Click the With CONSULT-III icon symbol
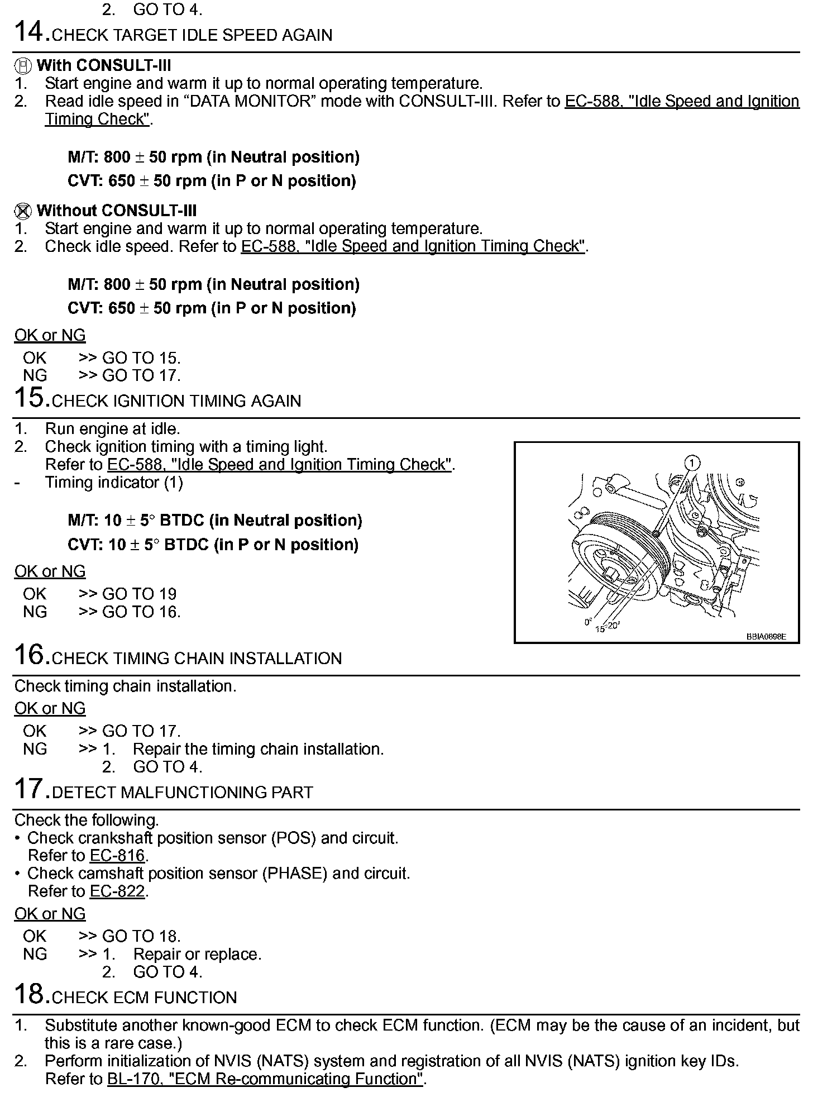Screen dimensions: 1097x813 tap(22, 66)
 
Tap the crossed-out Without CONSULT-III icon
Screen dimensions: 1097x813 tap(22, 212)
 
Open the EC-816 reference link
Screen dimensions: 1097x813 tap(117, 856)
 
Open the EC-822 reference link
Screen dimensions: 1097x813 tap(117, 891)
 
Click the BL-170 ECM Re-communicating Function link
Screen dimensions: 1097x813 tap(265, 1079)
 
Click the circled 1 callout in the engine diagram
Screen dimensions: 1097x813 tap(692, 463)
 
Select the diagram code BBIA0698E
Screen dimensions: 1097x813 tap(766, 636)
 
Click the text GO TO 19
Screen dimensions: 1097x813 tap(139, 594)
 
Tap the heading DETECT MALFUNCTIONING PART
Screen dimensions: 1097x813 tap(182, 793)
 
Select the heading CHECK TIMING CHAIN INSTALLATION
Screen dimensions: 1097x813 tap(197, 659)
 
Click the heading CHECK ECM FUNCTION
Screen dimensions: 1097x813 tap(144, 998)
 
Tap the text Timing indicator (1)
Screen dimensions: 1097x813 tap(113, 483)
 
